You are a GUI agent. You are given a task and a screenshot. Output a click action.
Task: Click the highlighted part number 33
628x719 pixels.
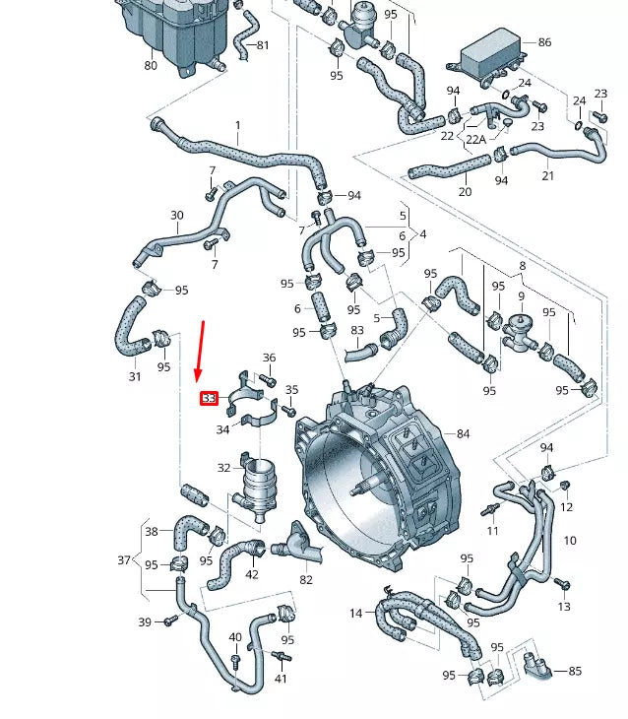[209, 399]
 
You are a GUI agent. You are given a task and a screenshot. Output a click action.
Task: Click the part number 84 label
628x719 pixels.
[463, 433]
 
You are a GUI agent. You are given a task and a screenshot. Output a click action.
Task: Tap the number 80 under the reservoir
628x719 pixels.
[151, 66]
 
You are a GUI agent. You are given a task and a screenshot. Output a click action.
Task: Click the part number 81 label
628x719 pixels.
[262, 45]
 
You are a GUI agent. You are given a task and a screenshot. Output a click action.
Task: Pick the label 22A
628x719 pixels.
[475, 139]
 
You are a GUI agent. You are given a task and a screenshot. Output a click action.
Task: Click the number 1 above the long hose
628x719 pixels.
[237, 125]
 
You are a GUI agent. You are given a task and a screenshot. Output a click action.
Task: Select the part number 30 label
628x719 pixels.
[177, 215]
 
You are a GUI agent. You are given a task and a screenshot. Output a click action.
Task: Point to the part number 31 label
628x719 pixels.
[135, 376]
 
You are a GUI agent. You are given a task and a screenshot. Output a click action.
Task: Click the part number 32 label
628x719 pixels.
[223, 468]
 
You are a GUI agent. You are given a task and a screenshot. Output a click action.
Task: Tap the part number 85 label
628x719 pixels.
[575, 671]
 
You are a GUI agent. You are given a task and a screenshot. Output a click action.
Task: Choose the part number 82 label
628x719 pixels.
[306, 580]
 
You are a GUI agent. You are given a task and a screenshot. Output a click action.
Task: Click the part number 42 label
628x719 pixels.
[252, 574]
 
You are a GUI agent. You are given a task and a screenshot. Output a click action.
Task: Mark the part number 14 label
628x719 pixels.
[355, 614]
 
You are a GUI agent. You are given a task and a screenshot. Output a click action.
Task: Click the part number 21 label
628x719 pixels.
[547, 175]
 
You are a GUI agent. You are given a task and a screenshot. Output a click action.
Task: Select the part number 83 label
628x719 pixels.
[356, 330]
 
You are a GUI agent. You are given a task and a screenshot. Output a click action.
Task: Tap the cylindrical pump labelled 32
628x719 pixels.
[261, 488]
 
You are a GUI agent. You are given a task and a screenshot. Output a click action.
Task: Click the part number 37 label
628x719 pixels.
[124, 560]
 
